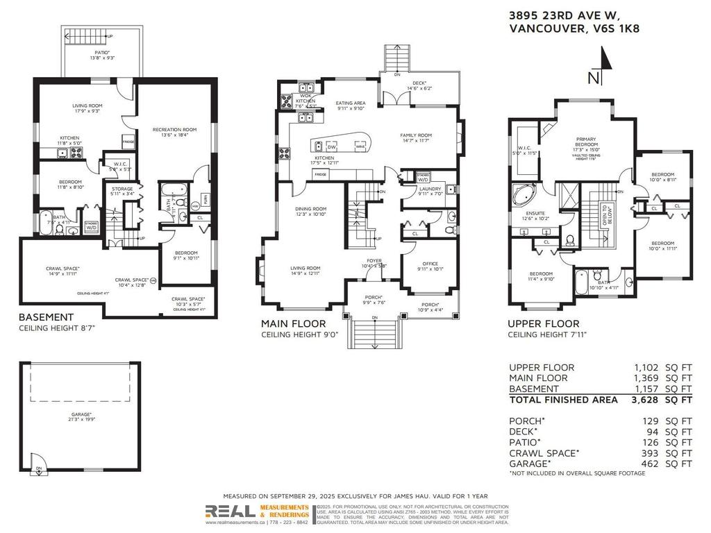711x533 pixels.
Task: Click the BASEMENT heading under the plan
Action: point(45,317)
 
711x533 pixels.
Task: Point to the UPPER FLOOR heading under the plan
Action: point(543,323)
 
